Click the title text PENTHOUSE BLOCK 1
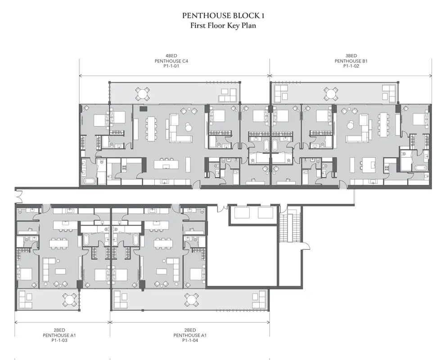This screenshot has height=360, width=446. [x=223, y=16]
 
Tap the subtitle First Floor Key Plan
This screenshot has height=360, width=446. [x=223, y=26]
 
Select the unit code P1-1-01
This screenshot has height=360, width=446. [x=171, y=66]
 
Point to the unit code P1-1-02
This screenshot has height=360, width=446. [x=351, y=66]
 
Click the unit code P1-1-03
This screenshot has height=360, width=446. [x=59, y=340]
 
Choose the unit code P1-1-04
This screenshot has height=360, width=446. [x=190, y=340]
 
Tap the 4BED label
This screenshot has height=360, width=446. [x=171, y=56]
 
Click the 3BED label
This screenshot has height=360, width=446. [x=351, y=56]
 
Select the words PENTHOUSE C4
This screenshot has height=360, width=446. [x=171, y=61]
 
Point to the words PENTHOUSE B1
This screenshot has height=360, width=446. [x=351, y=61]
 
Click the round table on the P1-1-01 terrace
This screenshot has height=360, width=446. [x=142, y=94]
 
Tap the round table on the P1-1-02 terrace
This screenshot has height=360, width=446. [x=331, y=94]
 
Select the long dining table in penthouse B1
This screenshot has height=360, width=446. [x=384, y=124]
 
